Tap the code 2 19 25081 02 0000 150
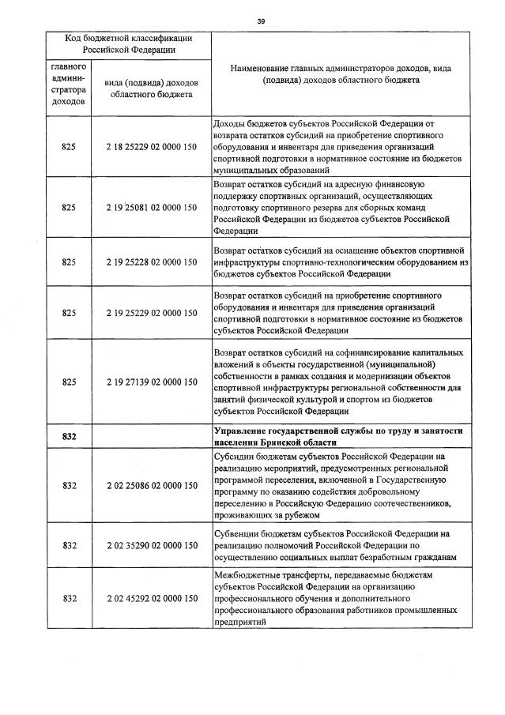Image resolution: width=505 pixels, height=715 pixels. point(151,208)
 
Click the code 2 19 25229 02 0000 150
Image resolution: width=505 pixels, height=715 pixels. point(151,313)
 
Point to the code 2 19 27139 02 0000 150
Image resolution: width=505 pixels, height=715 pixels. point(151,382)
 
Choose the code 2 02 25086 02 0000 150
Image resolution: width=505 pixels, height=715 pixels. point(151,485)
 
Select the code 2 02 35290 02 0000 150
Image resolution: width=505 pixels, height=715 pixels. point(151,545)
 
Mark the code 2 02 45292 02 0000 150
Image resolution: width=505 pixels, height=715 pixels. point(151,598)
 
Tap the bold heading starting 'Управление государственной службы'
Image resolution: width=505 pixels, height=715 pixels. point(337,436)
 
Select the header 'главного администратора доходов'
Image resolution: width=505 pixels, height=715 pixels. point(69,84)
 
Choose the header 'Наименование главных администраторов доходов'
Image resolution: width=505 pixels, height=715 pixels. point(341,74)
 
